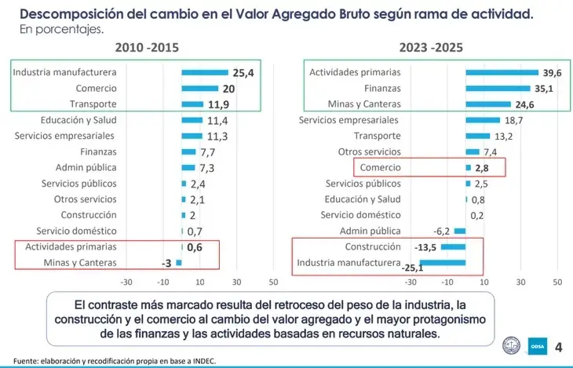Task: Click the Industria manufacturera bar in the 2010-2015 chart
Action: (x=205, y=72)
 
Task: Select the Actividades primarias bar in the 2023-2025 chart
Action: (x=502, y=72)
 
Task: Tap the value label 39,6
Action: (x=552, y=73)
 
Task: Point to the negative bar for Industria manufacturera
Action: (x=443, y=262)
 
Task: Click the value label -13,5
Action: (x=425, y=247)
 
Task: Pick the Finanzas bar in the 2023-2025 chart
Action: (x=498, y=88)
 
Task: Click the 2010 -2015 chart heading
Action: (x=147, y=48)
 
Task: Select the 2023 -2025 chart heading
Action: (x=431, y=48)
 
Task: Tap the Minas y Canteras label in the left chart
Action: (x=80, y=262)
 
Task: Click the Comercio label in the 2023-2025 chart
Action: (x=381, y=167)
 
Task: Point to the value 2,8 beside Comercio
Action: (x=482, y=168)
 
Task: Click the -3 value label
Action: (x=166, y=263)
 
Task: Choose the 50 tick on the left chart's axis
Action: (x=273, y=282)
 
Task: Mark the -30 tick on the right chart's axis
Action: (x=411, y=282)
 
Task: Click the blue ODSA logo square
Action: (x=538, y=346)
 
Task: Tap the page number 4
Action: (x=558, y=347)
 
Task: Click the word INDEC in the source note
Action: (x=206, y=361)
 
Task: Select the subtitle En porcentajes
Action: (x=62, y=29)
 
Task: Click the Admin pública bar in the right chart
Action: (x=460, y=231)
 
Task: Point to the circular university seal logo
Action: (x=511, y=345)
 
